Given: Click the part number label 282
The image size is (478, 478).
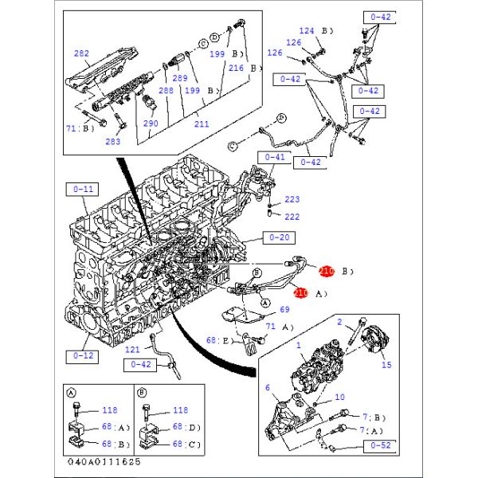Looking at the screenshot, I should [81, 53].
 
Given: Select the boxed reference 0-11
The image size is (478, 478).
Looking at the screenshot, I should [84, 190].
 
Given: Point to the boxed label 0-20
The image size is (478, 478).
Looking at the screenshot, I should [280, 237].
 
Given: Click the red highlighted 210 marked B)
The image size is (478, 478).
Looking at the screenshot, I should [326, 271].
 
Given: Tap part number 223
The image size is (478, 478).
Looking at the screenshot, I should [292, 199].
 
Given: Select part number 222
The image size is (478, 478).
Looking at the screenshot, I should [292, 217].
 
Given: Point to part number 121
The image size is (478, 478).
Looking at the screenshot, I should [132, 350].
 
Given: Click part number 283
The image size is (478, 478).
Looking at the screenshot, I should [113, 142].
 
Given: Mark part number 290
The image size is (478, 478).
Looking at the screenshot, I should [151, 124].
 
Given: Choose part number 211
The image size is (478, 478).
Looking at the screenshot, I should [201, 123].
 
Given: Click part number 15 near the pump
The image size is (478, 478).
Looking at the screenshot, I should [387, 366].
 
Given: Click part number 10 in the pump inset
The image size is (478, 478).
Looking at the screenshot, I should [340, 397].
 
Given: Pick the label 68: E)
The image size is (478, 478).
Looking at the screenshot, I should [217, 341].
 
